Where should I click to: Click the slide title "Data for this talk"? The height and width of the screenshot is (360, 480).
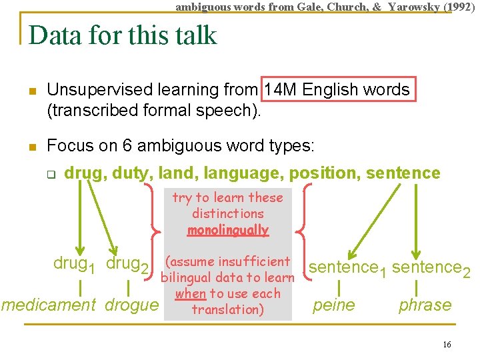pos(123,35)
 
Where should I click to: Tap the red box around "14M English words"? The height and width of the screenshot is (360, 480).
pos(339,89)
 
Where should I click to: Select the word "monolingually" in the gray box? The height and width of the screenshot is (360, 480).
pos(228,230)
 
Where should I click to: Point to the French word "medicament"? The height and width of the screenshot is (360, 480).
pos(49,305)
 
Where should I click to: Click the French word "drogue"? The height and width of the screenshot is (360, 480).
pos(132,305)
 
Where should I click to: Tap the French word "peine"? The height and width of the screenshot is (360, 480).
pos(334,305)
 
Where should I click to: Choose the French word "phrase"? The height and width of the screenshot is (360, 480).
pos(425,305)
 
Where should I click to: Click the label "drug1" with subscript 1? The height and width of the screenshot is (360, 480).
pos(74,264)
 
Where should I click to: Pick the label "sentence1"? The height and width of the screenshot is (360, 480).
pos(347,269)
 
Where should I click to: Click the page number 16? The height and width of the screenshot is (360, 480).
pos(447,344)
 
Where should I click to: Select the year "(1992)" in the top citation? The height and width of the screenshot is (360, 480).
pos(459,7)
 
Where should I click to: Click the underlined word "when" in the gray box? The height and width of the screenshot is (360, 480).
pos(191,293)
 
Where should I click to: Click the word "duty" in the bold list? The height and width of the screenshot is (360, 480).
pos(133,173)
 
